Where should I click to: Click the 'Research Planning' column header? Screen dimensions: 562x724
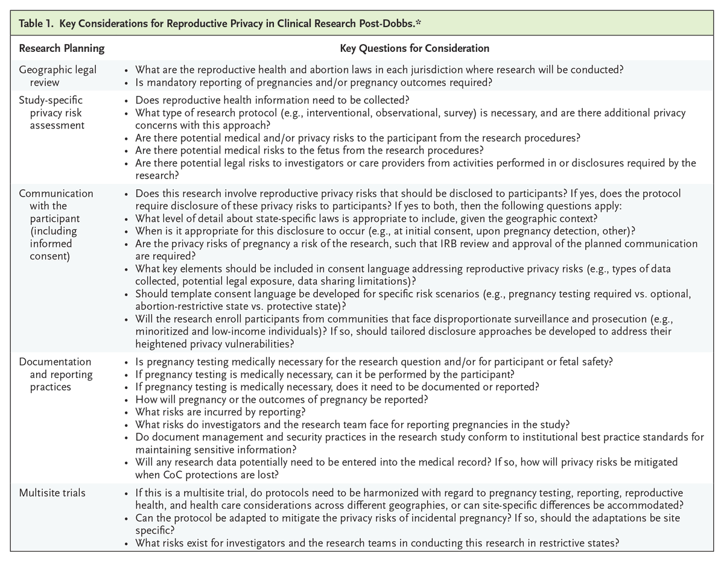[x=62, y=48]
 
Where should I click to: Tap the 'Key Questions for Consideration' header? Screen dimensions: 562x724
[x=414, y=48]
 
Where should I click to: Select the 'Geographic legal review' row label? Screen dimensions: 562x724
[x=57, y=75]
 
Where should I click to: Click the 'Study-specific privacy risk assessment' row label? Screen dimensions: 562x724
[x=51, y=113]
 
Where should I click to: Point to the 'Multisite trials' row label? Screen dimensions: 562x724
[x=52, y=493]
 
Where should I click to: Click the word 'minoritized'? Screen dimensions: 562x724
[x=162, y=332]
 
